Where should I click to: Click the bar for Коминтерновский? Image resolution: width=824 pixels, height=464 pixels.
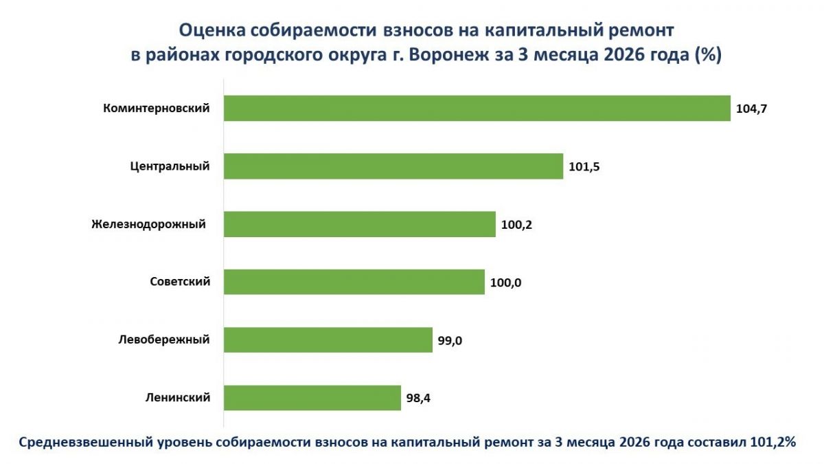(477, 108)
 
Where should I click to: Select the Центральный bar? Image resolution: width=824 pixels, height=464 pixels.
(393, 166)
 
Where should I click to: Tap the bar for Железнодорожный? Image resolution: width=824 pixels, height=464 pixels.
(360, 224)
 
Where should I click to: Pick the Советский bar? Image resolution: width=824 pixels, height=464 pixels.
(354, 282)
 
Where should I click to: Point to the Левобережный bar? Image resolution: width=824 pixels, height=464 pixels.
(328, 340)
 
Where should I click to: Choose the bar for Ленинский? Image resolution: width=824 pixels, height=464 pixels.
(312, 397)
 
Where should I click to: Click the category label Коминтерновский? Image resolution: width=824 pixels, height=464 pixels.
(156, 108)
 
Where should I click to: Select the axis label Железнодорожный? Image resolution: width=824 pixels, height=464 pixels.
(148, 224)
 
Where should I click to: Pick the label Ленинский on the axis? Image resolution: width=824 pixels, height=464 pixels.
(177, 397)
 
